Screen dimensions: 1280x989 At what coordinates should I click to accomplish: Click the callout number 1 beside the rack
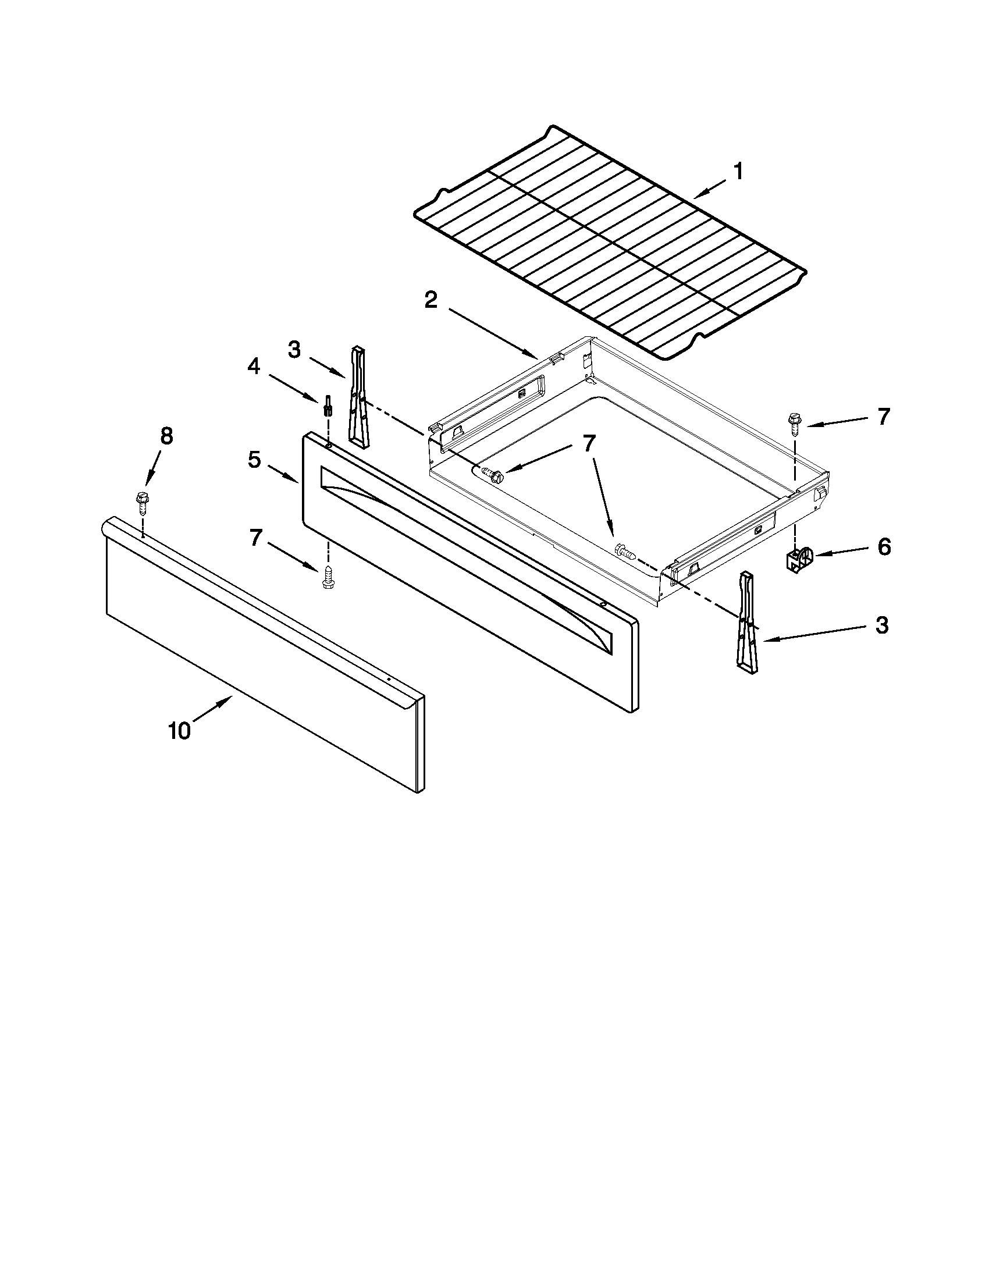point(738,172)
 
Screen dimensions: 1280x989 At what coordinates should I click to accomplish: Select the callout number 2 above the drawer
point(431,301)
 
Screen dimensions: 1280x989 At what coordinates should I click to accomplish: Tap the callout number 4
point(254,367)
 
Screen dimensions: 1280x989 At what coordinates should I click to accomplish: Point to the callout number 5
point(254,460)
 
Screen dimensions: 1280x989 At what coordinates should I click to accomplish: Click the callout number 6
point(884,547)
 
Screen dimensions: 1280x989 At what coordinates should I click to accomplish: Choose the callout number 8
point(166,436)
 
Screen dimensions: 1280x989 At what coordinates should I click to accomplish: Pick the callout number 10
point(180,731)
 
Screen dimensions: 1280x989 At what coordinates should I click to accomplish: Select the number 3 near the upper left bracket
point(294,350)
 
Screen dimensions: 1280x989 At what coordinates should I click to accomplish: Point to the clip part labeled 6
point(798,558)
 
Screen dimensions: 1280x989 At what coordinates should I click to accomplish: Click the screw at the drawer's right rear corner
point(795,423)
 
